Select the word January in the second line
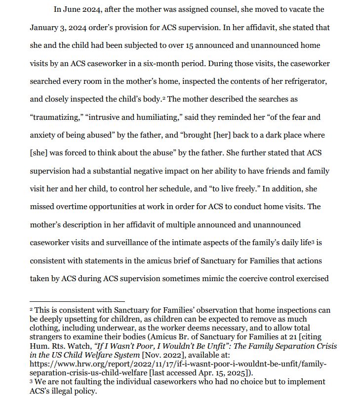pos(44,28)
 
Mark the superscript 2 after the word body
pos(163,97)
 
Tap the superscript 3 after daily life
pos(313,241)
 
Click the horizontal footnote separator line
pos(77,301)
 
